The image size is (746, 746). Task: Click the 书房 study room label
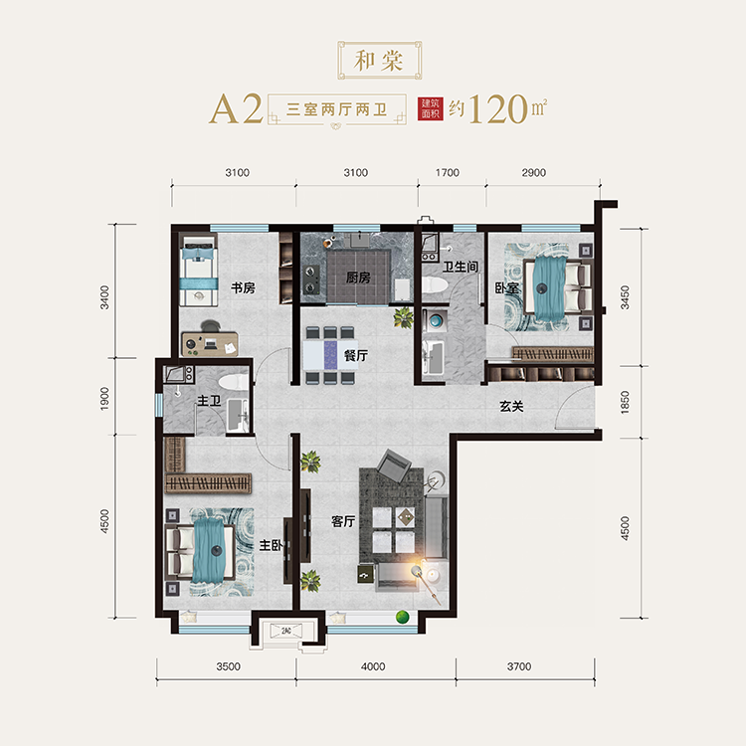tap(243, 287)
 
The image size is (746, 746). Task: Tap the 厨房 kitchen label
tap(358, 278)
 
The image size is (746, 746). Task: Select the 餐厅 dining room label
tap(356, 355)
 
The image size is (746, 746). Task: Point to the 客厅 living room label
tap(343, 521)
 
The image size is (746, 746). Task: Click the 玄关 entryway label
tap(511, 406)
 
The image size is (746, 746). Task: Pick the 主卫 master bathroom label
tap(209, 401)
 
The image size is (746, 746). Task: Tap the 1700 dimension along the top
tap(448, 173)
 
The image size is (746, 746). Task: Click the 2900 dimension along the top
tap(534, 173)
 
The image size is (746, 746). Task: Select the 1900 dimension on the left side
tap(104, 398)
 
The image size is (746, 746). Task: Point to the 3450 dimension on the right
tap(625, 297)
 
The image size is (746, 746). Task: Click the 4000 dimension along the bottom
tap(373, 666)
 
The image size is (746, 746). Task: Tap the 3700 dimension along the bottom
tap(519, 666)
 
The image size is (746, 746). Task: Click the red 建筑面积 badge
tap(431, 109)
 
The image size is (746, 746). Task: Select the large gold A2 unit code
tap(236, 109)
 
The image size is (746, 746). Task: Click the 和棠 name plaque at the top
tap(380, 61)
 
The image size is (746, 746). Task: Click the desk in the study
tap(210, 343)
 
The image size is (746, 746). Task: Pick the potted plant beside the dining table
tap(404, 318)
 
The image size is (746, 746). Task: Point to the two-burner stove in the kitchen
tap(310, 280)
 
